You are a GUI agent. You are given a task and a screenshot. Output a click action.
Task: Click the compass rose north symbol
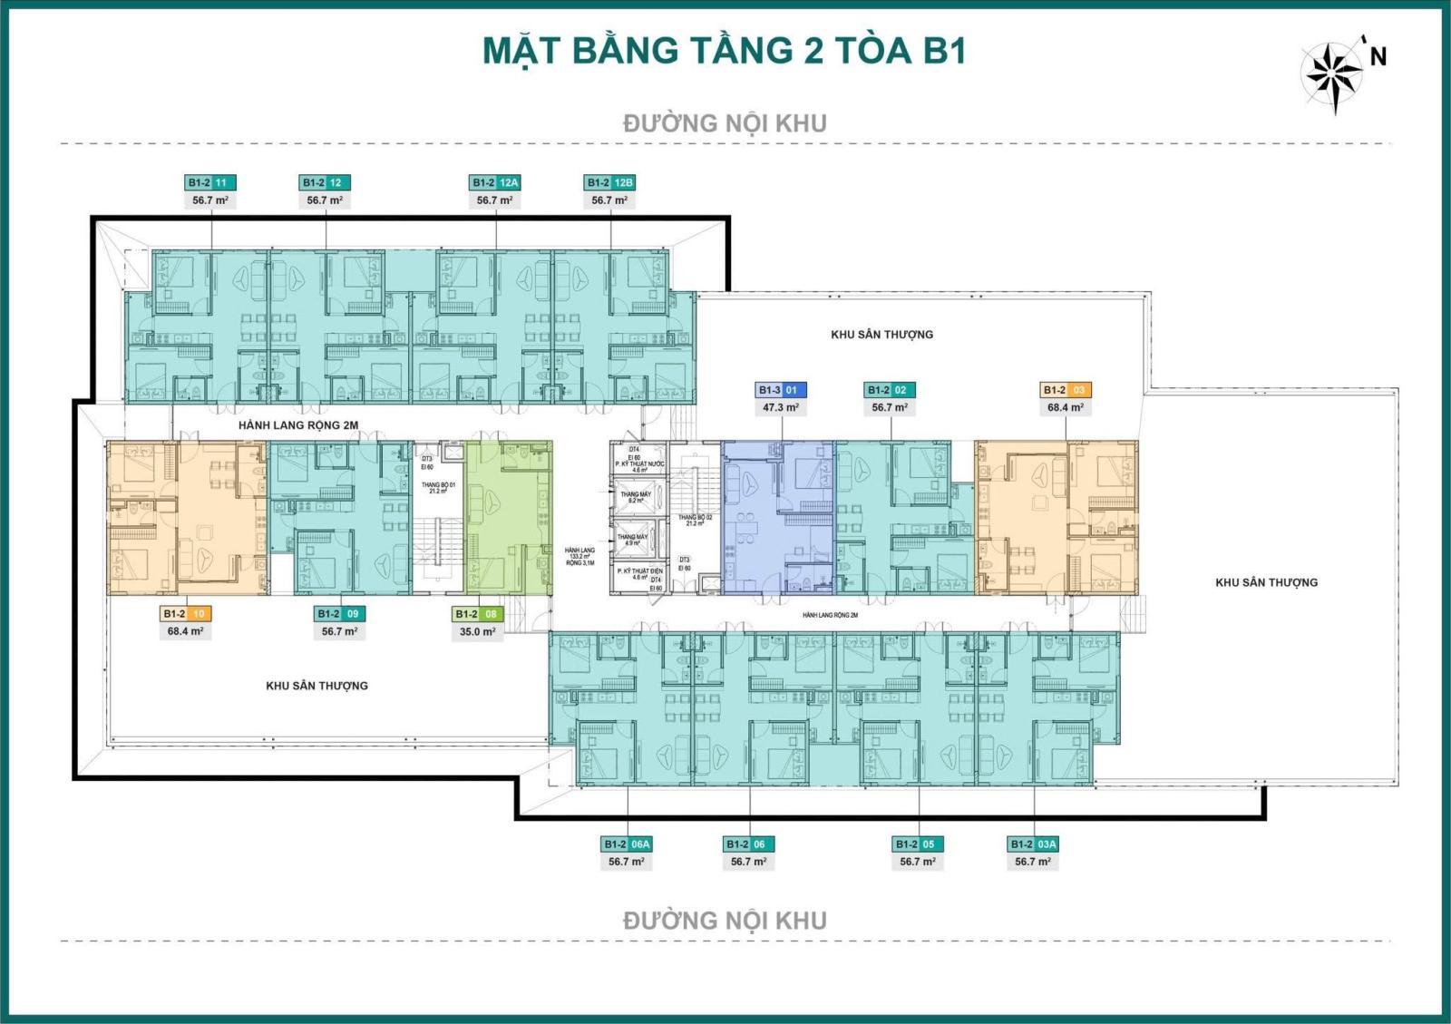[1333, 72]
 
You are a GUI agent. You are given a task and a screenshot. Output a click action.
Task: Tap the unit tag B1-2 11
[210, 182]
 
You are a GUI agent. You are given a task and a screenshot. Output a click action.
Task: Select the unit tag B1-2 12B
[609, 182]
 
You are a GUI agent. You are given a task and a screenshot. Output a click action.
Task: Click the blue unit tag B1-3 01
[781, 390]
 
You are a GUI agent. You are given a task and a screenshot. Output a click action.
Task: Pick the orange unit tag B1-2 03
[1066, 390]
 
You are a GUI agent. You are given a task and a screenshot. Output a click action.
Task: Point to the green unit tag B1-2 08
[477, 614]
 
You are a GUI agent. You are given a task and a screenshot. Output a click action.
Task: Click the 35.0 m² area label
[477, 631]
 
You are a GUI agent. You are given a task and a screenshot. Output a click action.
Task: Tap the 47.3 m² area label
[781, 407]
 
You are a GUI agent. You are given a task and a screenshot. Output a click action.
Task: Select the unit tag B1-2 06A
[627, 844]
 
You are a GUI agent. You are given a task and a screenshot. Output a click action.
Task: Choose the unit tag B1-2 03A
[1033, 844]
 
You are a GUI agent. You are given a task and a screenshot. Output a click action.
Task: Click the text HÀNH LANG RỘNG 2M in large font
[298, 424]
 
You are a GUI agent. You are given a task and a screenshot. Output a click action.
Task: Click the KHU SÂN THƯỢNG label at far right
[1266, 582]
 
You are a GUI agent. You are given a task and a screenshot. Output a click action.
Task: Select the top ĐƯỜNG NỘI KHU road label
[725, 123]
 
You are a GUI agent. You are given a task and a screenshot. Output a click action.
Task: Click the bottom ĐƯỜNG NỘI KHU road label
[725, 921]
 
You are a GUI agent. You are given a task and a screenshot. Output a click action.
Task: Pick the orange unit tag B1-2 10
[185, 614]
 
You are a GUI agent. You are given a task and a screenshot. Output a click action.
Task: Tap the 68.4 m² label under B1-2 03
[1066, 407]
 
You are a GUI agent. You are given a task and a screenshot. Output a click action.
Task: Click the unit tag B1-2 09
[339, 614]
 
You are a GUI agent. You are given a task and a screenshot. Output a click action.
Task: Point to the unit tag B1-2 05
[918, 844]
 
